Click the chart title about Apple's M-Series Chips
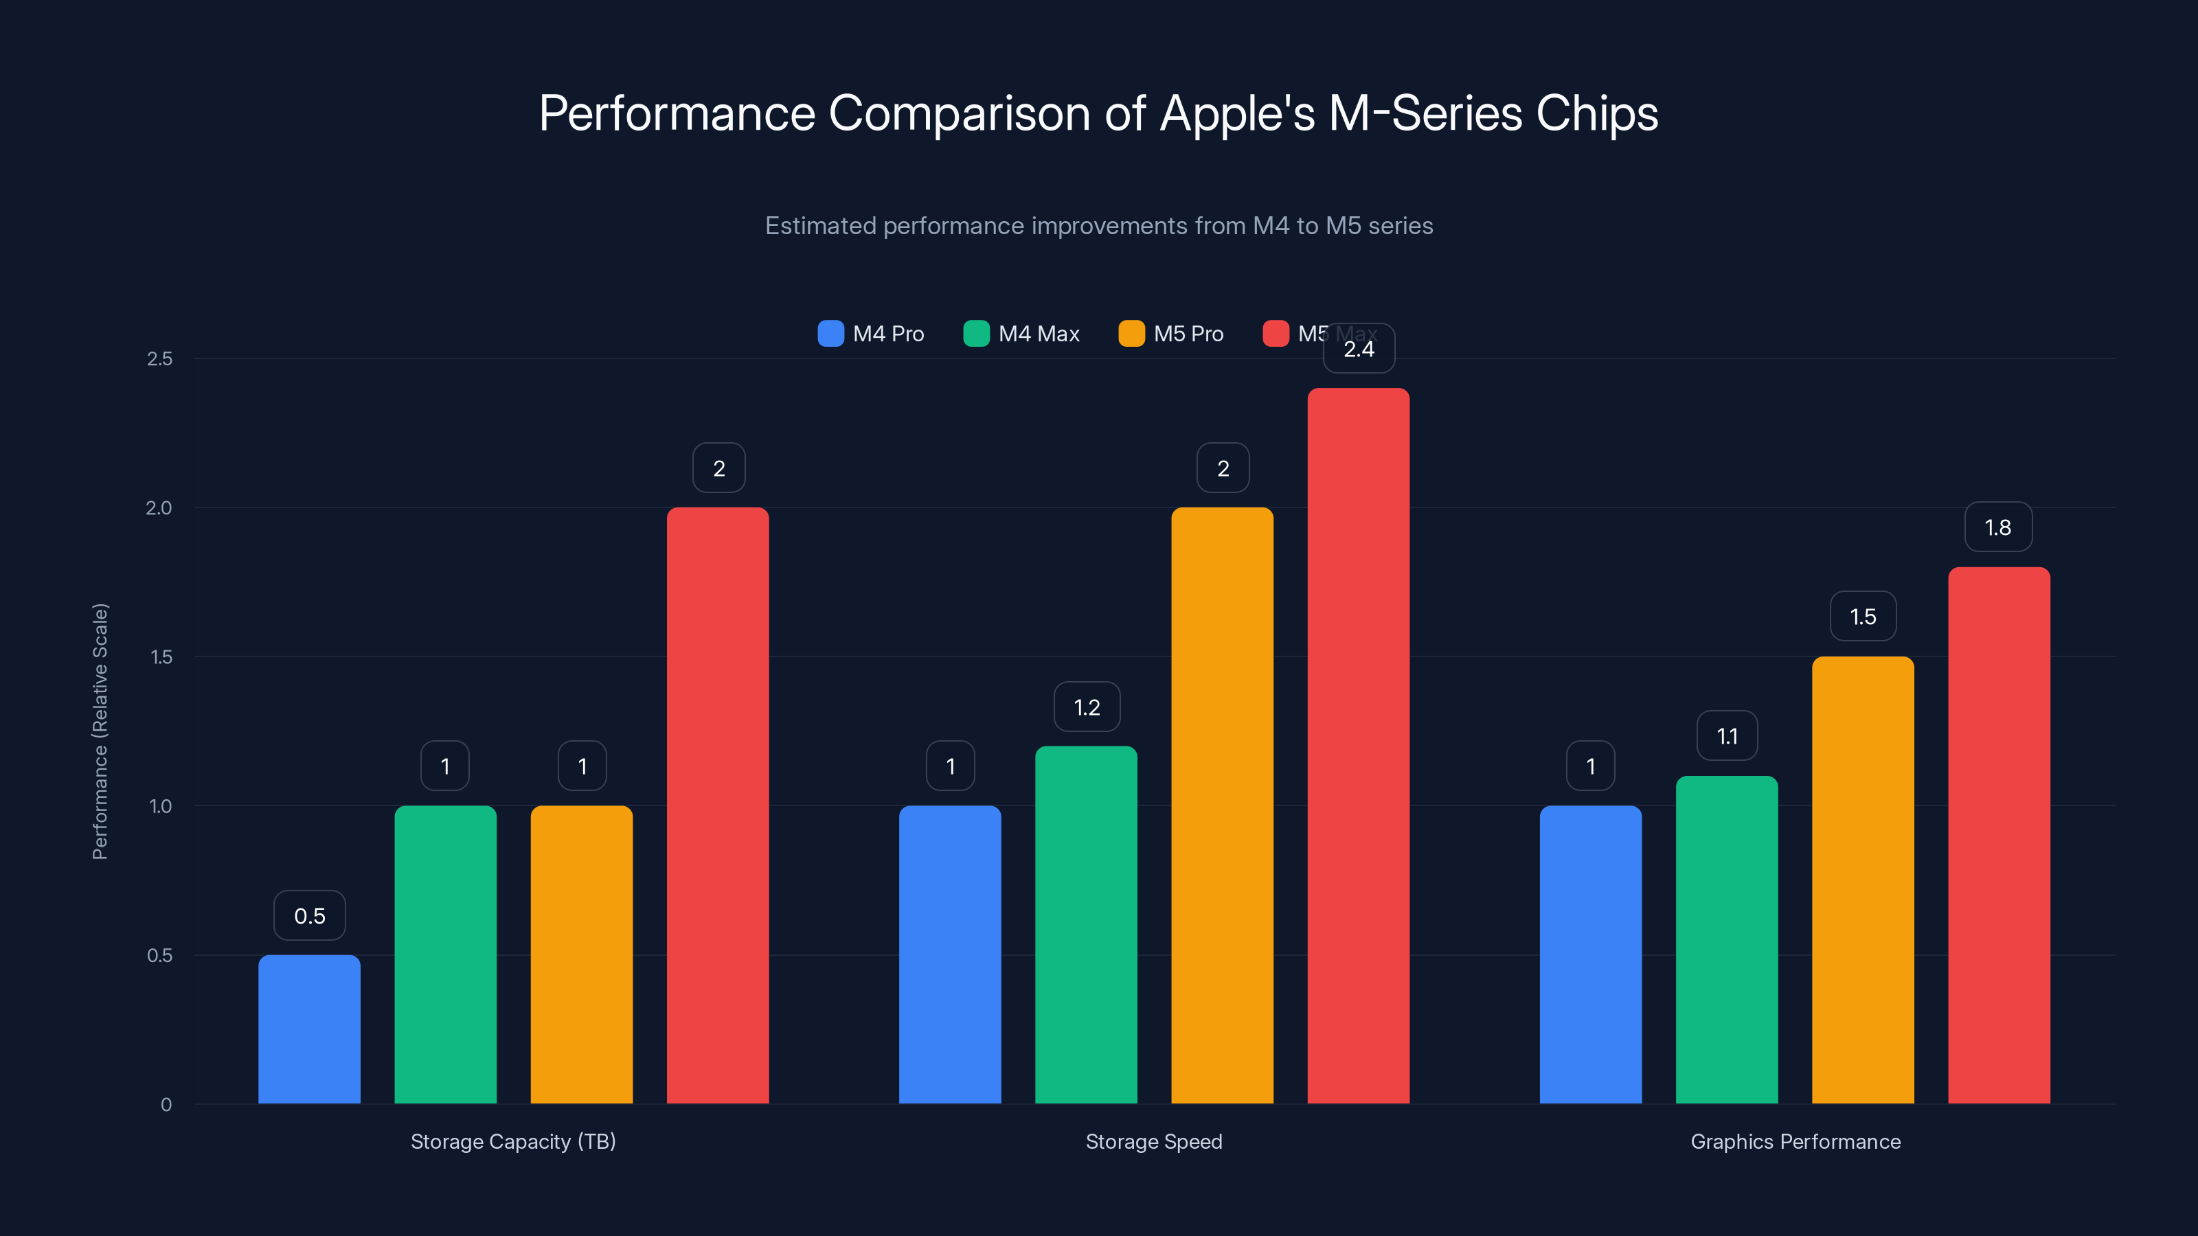tap(1098, 113)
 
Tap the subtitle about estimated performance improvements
tap(1098, 226)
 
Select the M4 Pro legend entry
tap(871, 334)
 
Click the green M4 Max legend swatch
tap(975, 334)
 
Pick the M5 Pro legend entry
tap(1170, 334)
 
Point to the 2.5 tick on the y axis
tap(159, 359)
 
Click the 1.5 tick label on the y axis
tap(161, 657)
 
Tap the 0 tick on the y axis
tap(166, 1105)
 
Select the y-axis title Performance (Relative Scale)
tap(100, 731)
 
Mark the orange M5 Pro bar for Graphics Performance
tap(1863, 880)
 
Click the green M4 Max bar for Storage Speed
tap(1086, 925)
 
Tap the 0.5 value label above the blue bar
tap(310, 916)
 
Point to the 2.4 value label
tap(1359, 349)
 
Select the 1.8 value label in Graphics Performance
tap(1998, 527)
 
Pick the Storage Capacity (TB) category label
tap(513, 1141)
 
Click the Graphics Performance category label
tap(1795, 1141)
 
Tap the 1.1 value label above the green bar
tap(1727, 736)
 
